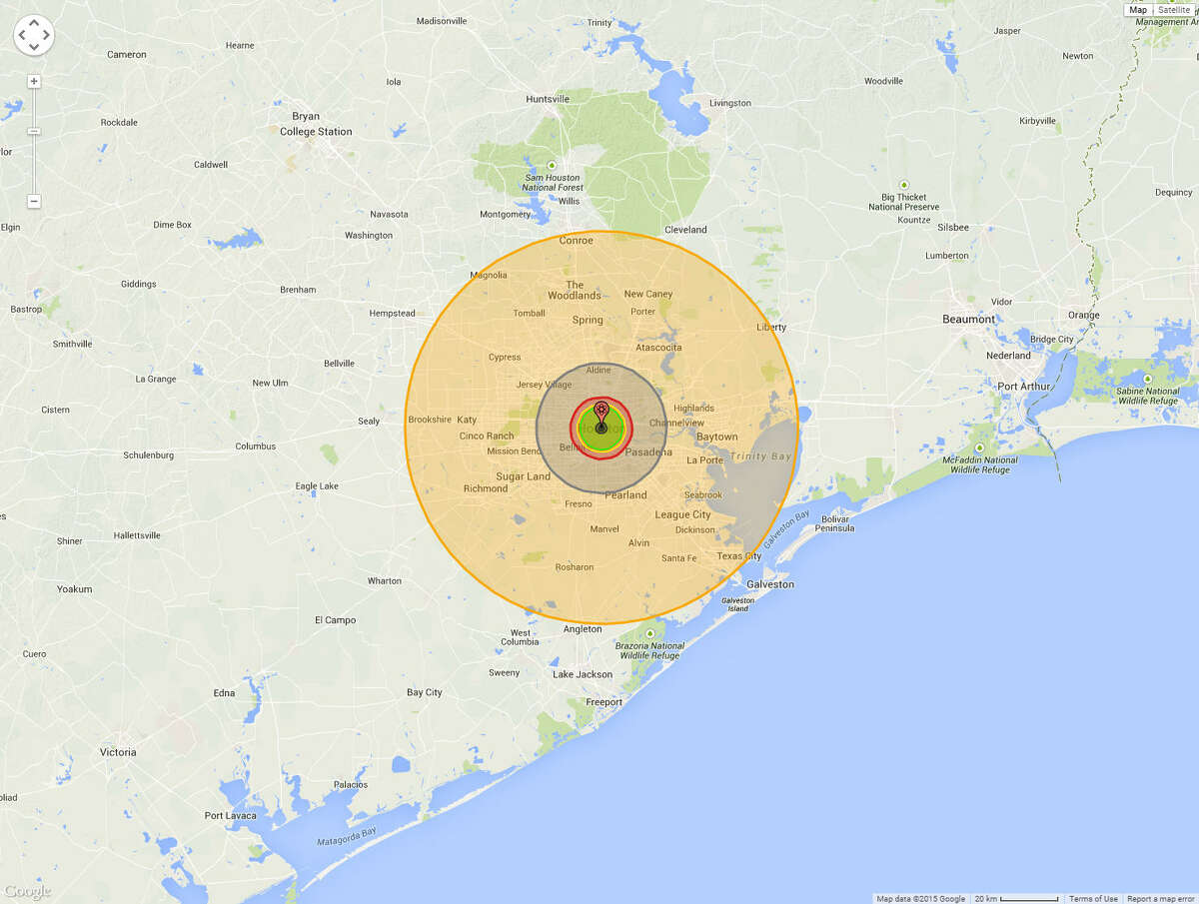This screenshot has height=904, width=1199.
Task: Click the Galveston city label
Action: coord(770,583)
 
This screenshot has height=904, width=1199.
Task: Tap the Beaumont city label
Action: coord(968,320)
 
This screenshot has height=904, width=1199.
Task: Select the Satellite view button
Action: coord(1174,10)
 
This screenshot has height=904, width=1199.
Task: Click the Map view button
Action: coord(1138,10)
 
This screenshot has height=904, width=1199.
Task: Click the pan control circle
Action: coord(33,35)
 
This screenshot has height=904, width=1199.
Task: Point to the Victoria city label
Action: coord(118,752)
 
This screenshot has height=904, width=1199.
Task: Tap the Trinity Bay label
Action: coord(759,456)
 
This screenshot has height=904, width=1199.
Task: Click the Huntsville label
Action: coord(548,99)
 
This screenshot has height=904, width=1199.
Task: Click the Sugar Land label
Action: coord(523,476)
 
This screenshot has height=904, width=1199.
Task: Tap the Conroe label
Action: coord(576,241)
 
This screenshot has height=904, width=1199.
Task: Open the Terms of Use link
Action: coord(1093,898)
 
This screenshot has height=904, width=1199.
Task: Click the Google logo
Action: coord(27,891)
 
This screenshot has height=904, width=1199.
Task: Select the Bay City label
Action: coord(424,692)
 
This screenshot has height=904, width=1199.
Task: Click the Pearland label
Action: coord(625,495)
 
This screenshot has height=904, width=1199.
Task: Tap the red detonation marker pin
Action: coord(600,410)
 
